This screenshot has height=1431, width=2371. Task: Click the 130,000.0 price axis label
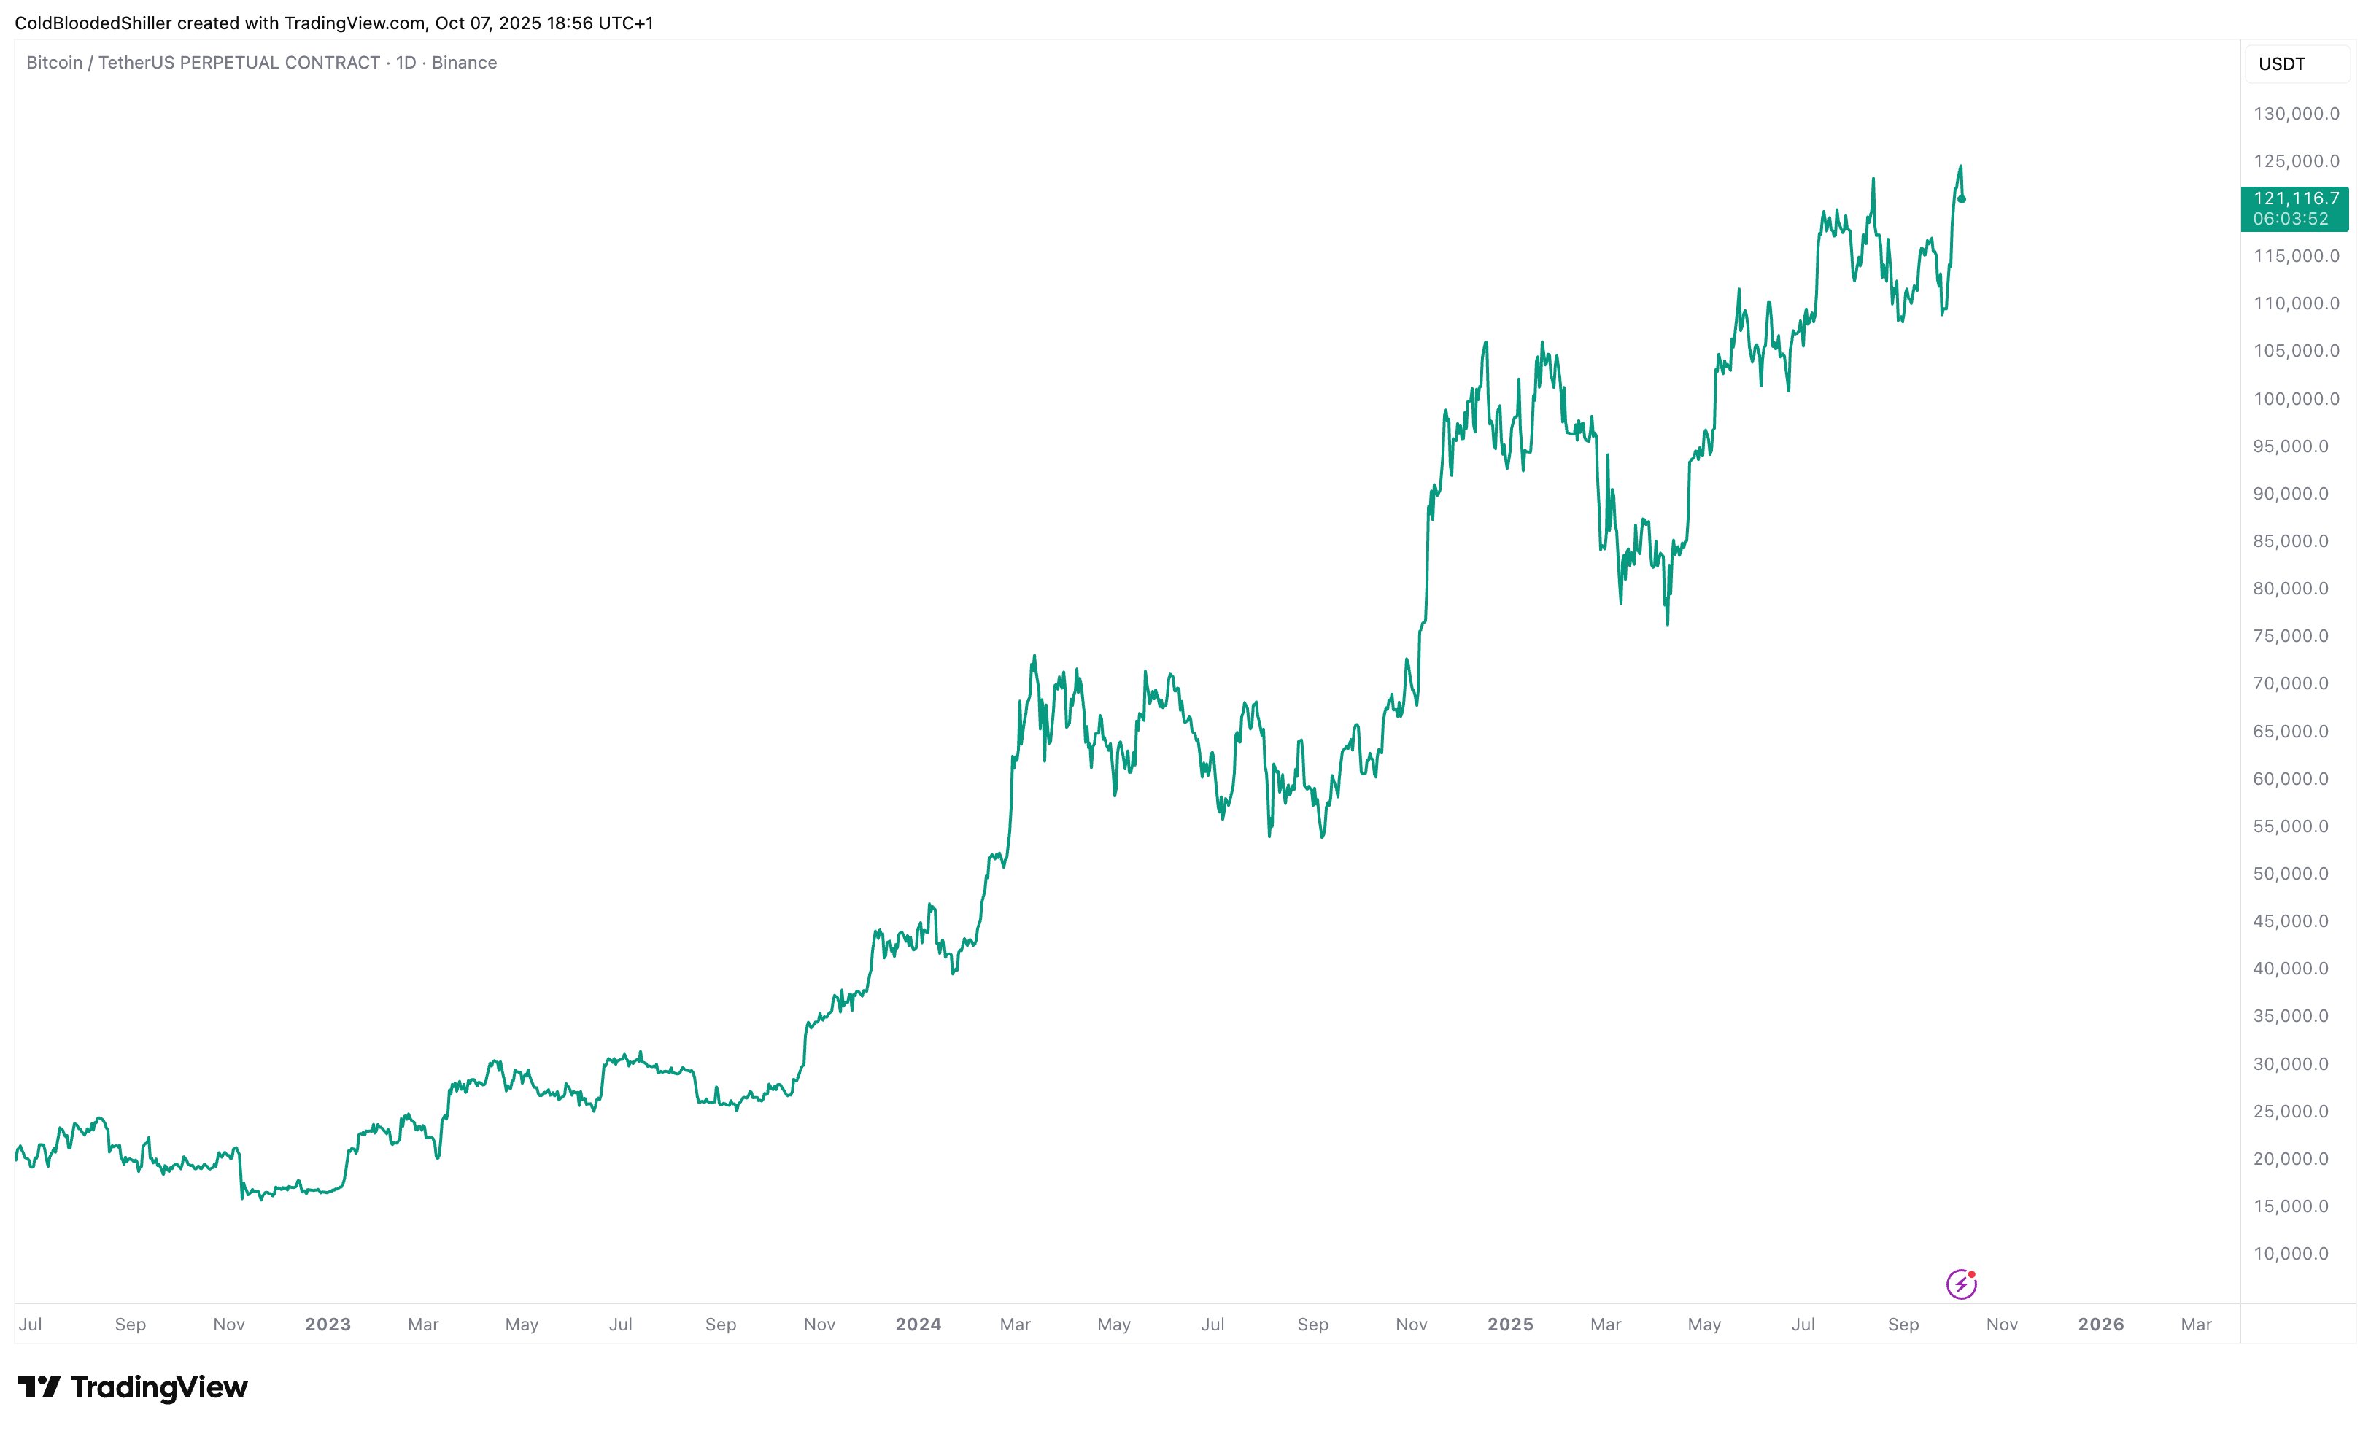click(2296, 114)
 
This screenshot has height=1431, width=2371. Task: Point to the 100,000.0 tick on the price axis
click(2296, 398)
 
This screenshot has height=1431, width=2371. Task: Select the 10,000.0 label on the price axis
click(2291, 1253)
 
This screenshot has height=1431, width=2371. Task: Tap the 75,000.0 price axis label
click(2291, 636)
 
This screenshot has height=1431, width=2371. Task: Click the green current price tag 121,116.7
click(2295, 208)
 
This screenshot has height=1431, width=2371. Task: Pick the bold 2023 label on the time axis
click(328, 1325)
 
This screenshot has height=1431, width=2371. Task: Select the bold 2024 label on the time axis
click(918, 1325)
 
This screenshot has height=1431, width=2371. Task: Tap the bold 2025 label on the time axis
click(1510, 1325)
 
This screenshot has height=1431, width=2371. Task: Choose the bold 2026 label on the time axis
click(2100, 1325)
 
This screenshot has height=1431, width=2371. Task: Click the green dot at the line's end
click(1962, 199)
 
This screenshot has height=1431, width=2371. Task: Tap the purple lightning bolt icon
click(1961, 1284)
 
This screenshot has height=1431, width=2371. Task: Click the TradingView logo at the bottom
click(133, 1387)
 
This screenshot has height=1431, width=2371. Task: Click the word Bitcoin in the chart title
click(54, 63)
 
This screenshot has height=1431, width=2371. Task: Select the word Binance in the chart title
click(464, 63)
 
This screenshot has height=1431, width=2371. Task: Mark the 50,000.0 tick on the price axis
click(2291, 874)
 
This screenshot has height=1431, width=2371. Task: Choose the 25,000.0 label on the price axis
click(2291, 1112)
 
